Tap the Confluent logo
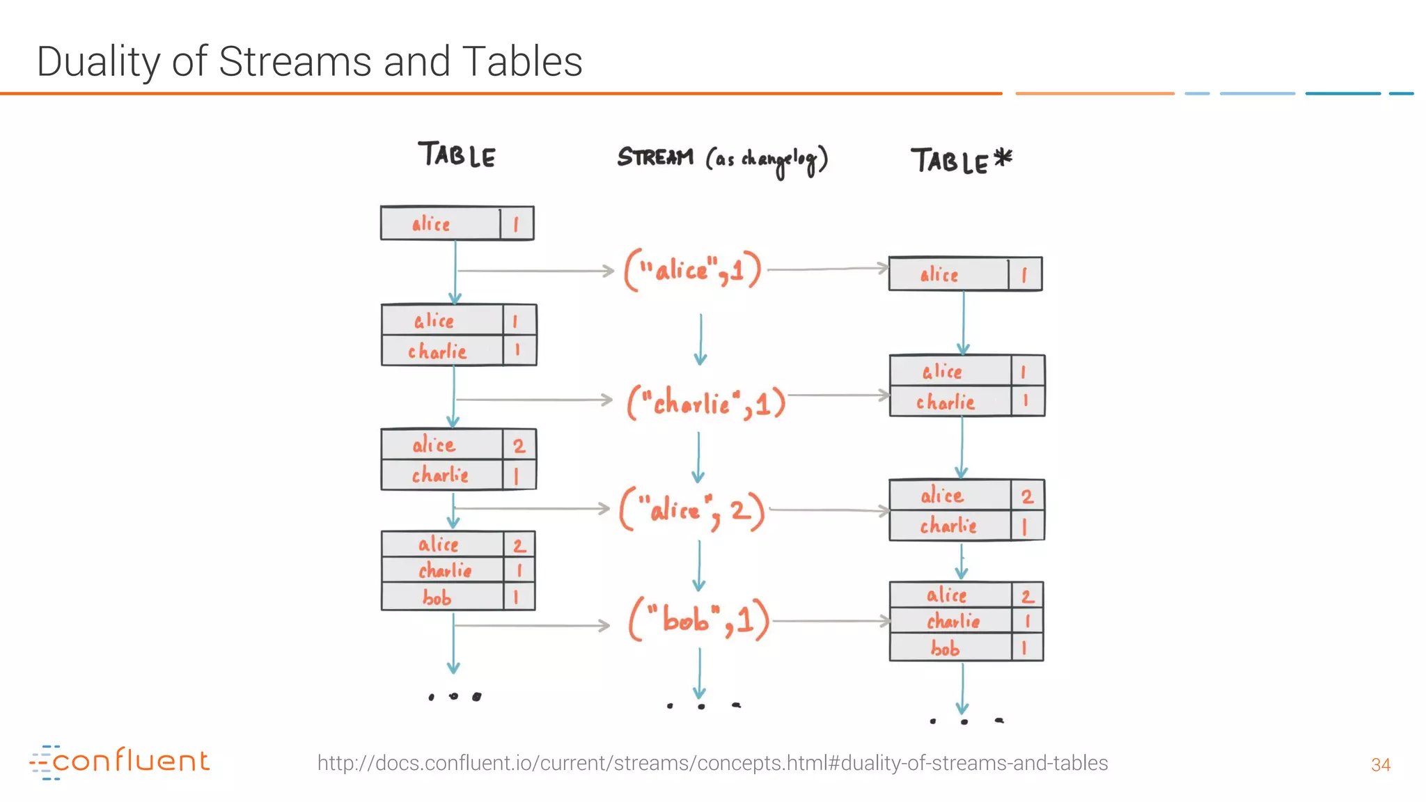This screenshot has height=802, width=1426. [x=120, y=762]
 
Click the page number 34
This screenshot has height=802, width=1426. [x=1380, y=765]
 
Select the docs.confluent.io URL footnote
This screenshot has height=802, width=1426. [x=712, y=763]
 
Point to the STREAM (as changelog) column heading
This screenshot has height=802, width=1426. [x=722, y=159]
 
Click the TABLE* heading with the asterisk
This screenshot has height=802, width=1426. [x=961, y=161]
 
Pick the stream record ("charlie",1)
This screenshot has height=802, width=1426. [x=706, y=403]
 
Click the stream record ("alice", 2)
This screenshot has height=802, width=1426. [x=692, y=510]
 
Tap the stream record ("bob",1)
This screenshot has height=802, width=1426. [x=699, y=619]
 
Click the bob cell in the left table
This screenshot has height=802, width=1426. [x=437, y=598]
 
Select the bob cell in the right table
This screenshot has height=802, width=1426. [x=946, y=649]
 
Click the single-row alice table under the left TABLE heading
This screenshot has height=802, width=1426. [x=457, y=223]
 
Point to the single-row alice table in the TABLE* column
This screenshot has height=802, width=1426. [x=965, y=274]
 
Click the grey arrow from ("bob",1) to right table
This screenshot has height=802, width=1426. [x=831, y=621]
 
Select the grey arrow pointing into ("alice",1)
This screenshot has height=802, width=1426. [x=535, y=270]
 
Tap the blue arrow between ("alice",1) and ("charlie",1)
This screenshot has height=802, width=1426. [x=700, y=340]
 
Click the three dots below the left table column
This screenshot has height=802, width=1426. [x=454, y=696]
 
